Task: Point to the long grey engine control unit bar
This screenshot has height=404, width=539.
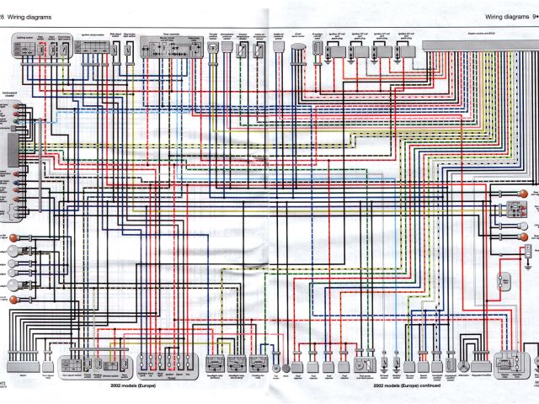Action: pos(479,43)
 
